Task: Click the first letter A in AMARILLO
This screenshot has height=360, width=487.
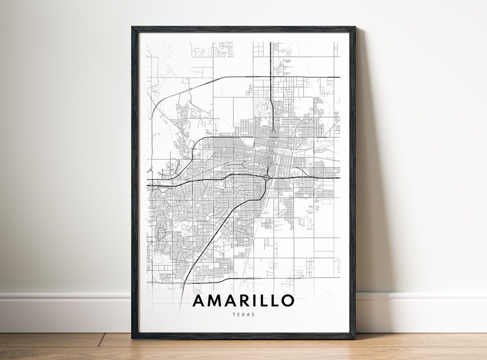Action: coord(199,300)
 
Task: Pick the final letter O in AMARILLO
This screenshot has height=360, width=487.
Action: coord(288,300)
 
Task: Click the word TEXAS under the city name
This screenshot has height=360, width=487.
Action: coord(244,314)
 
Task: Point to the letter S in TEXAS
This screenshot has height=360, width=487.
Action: coord(253,314)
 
